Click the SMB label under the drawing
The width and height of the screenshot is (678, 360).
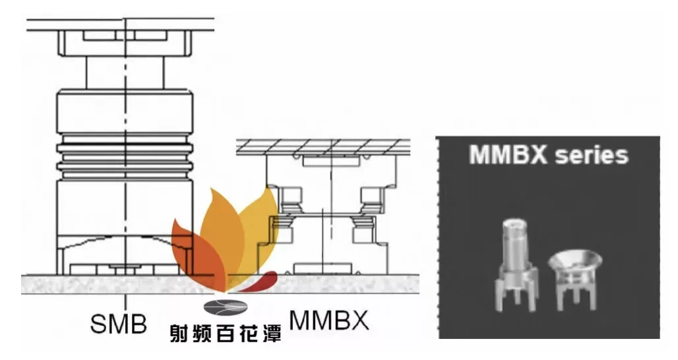pos(119,324)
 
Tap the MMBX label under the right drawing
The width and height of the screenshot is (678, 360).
pos(329,320)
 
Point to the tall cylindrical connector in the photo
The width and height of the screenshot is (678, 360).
pos(515,264)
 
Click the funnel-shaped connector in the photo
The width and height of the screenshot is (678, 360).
pos(575,279)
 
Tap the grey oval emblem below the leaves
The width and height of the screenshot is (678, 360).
pos(226,307)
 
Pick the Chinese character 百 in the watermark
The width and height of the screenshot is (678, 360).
pos(226,333)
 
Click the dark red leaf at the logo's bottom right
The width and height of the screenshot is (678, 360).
pos(258,281)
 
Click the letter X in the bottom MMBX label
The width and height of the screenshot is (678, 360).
pos(359,320)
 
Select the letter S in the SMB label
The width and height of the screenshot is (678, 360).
pos(98,324)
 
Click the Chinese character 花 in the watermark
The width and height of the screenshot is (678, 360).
pos(249,333)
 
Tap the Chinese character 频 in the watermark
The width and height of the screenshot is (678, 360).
pos(202,333)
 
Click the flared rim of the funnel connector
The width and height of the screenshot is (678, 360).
pos(575,258)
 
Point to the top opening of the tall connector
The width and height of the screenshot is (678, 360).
pos(514,223)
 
